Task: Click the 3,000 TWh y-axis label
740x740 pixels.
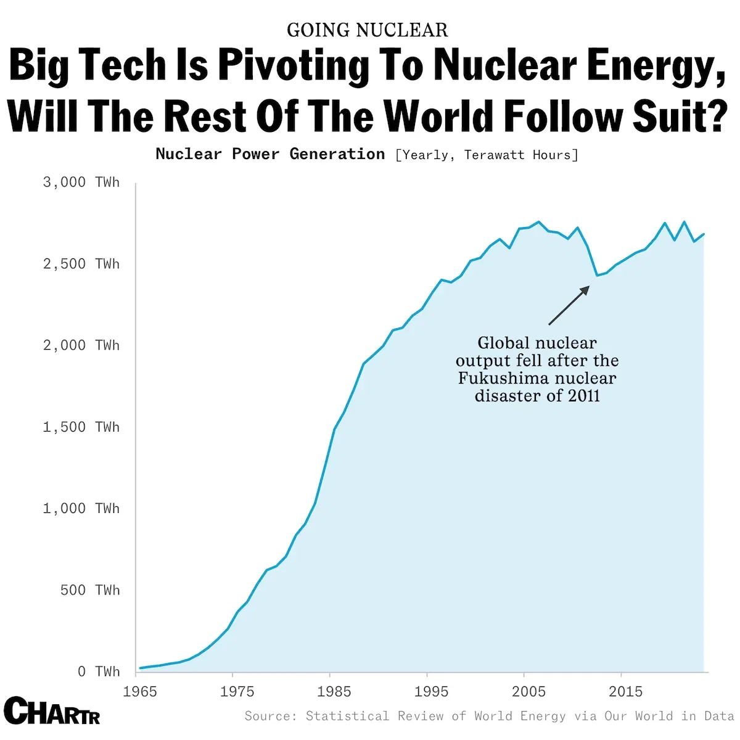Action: (x=81, y=183)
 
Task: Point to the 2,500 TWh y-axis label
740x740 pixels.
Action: (x=81, y=264)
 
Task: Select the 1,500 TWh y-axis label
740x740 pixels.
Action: (x=81, y=427)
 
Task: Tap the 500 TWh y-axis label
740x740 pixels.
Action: (x=89, y=590)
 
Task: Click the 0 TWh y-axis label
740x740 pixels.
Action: (x=98, y=672)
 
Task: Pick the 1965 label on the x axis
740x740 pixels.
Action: (x=140, y=691)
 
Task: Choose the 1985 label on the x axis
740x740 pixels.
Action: (x=334, y=691)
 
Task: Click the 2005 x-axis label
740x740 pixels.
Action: (x=528, y=691)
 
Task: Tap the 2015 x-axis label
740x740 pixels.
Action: (x=625, y=691)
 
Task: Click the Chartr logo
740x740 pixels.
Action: (x=52, y=710)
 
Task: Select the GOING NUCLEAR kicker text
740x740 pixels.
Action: (x=368, y=30)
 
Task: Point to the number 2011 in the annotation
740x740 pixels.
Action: (x=583, y=396)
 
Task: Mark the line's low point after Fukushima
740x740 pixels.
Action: (x=596, y=275)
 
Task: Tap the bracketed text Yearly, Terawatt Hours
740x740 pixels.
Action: (x=487, y=155)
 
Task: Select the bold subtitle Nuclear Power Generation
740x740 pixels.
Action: (x=270, y=154)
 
